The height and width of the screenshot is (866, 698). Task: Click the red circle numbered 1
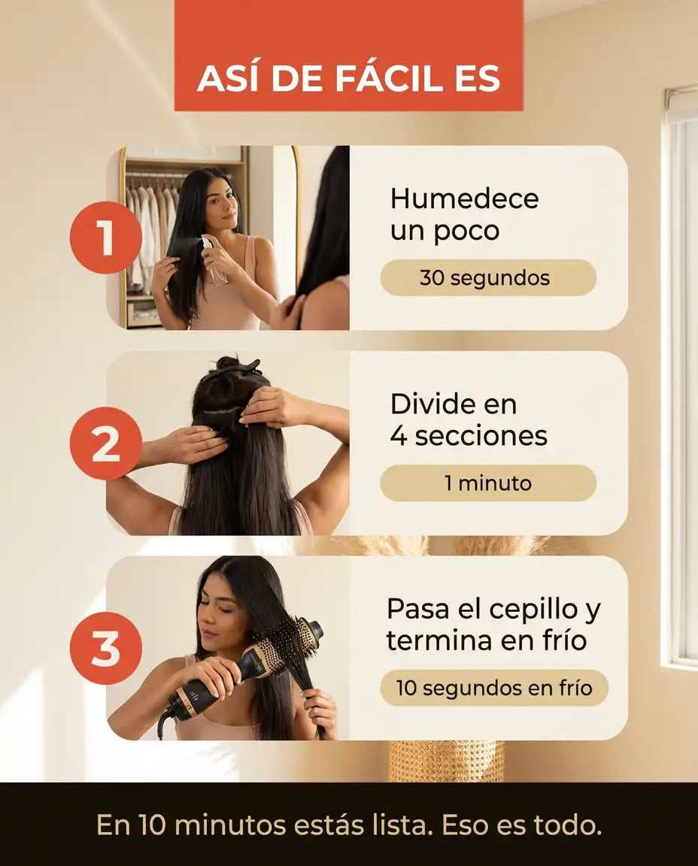tap(105, 238)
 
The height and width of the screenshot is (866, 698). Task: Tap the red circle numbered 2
tap(105, 443)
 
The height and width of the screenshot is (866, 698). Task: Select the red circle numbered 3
tap(105, 648)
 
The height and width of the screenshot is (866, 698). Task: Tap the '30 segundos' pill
tap(488, 277)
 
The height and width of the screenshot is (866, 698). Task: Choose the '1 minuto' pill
tap(488, 483)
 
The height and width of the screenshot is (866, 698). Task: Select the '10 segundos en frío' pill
tap(494, 688)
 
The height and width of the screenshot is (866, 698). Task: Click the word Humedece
tap(464, 198)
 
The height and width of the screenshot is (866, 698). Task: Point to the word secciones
tap(481, 436)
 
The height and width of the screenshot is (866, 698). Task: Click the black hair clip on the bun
tap(232, 369)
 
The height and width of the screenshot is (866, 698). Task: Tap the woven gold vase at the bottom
tap(446, 761)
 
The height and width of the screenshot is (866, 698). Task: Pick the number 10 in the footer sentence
tap(153, 825)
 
